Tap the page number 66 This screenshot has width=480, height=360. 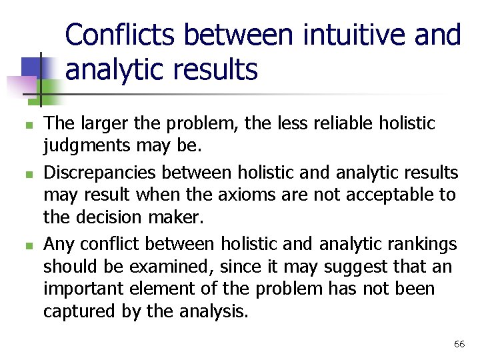459,344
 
